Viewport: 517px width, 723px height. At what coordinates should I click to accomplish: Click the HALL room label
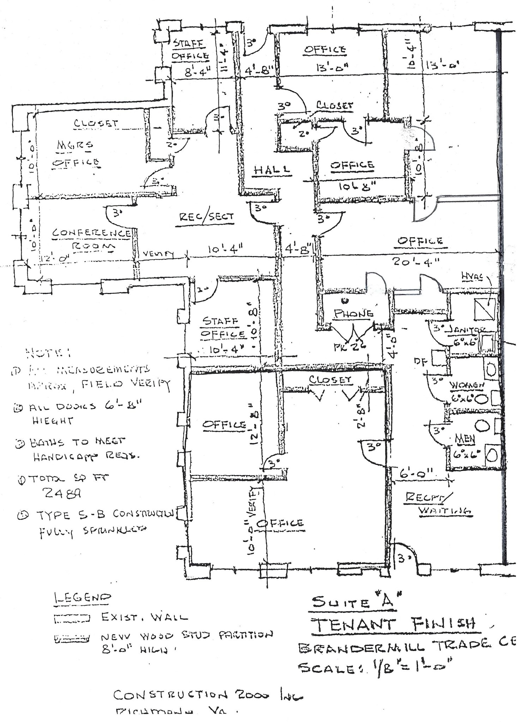click(272, 170)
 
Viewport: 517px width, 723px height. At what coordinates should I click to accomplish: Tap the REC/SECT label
click(206, 217)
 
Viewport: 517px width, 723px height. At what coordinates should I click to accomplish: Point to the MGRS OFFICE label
click(76, 154)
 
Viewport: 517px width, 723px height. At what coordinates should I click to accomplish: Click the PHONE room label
click(354, 313)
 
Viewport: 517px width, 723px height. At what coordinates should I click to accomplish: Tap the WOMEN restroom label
click(467, 385)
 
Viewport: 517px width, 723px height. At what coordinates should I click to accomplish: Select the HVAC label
click(472, 277)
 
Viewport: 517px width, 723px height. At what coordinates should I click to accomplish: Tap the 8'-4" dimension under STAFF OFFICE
click(198, 72)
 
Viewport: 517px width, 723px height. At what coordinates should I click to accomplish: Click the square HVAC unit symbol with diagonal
click(485, 309)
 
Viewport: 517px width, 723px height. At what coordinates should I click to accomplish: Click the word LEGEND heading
click(83, 597)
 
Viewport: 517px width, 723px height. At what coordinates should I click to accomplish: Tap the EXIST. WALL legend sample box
click(72, 618)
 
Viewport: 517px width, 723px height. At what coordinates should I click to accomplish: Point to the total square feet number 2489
click(61, 493)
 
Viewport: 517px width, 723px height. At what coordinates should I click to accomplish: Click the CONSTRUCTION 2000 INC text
click(208, 695)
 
